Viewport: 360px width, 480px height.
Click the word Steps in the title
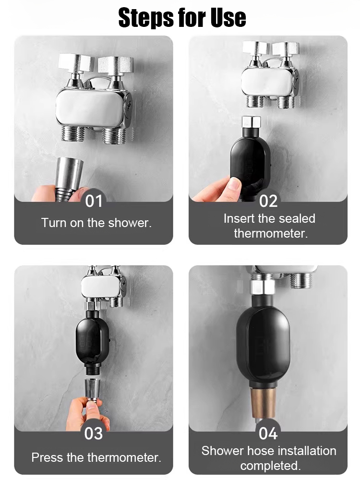point(147,18)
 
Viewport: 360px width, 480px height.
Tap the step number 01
point(94,201)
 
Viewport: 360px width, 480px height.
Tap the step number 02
point(268,201)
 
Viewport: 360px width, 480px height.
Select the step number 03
point(94,433)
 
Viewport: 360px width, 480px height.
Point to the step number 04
point(268,433)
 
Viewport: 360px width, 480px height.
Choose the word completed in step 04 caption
point(270,466)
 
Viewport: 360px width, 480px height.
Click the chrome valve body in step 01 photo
point(92,108)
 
